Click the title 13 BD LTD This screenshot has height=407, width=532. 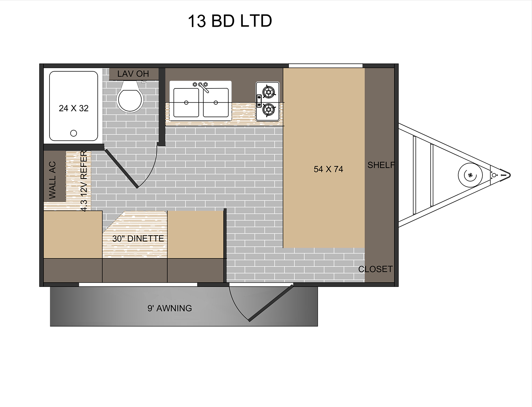click(x=230, y=21)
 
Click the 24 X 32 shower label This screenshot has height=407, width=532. click(x=74, y=108)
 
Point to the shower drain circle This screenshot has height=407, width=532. click(x=74, y=133)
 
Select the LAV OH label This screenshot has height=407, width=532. click(x=133, y=74)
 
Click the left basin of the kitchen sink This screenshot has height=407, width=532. click(x=186, y=103)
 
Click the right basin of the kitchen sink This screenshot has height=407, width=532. click(x=216, y=103)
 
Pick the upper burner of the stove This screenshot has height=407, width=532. click(x=269, y=92)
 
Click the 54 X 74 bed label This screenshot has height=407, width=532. click(x=328, y=169)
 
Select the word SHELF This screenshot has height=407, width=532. click(x=381, y=165)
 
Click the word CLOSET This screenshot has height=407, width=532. click(x=376, y=269)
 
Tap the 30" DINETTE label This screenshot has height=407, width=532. click(x=138, y=239)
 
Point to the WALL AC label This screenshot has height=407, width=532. click(x=52, y=180)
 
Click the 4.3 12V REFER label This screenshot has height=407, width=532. click(x=83, y=181)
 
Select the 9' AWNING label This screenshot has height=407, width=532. click(x=170, y=308)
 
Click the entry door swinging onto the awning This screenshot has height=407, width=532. click(x=271, y=303)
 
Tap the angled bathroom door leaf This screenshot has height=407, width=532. click(x=121, y=169)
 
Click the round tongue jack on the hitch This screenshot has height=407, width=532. click(x=470, y=175)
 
